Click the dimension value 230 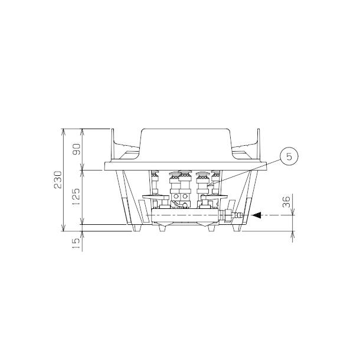point(58,179)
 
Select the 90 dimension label point(77,149)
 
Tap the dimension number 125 point(77,197)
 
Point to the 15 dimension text point(77,244)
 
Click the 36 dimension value point(286,202)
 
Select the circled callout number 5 point(289,156)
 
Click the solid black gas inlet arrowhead point(257,215)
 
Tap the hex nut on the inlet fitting point(228,215)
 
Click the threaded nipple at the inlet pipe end point(237,215)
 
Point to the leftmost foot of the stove point(137,228)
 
